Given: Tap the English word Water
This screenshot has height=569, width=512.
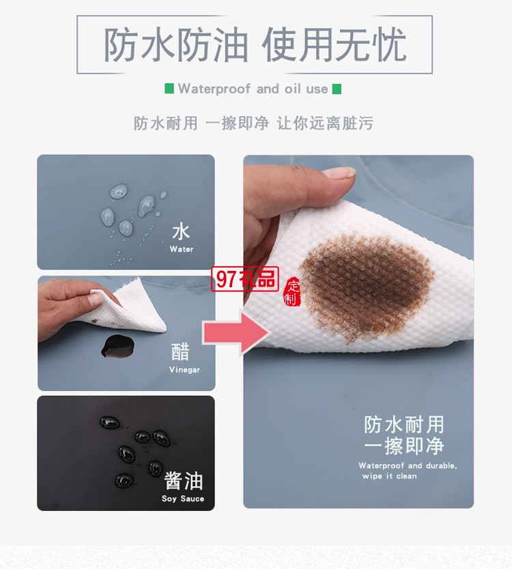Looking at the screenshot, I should pos(182,250).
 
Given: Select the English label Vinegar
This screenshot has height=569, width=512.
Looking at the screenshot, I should pos(184,370).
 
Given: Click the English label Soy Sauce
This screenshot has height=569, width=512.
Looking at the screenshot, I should pos(183,499).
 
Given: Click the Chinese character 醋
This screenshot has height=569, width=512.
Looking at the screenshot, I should pos(181,352).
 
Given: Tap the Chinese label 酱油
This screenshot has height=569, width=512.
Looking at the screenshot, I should pos(184,481).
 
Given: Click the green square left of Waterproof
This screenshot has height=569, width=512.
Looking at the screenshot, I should pos(169,89).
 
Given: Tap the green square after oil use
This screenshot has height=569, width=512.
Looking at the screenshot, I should pos(337,89).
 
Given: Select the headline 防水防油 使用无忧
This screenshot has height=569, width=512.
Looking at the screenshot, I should pos(255,45).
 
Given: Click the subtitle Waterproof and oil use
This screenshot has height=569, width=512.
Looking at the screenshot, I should pos(253,89).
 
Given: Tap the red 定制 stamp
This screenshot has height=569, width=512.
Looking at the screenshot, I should pos(291,291).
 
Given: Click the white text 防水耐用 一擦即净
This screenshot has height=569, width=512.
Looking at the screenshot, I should pos(404,435).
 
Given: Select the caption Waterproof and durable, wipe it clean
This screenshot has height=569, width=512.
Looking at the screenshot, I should pos(408,471).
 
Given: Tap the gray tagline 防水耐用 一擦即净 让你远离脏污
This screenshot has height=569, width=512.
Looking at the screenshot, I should pos(253,123).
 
